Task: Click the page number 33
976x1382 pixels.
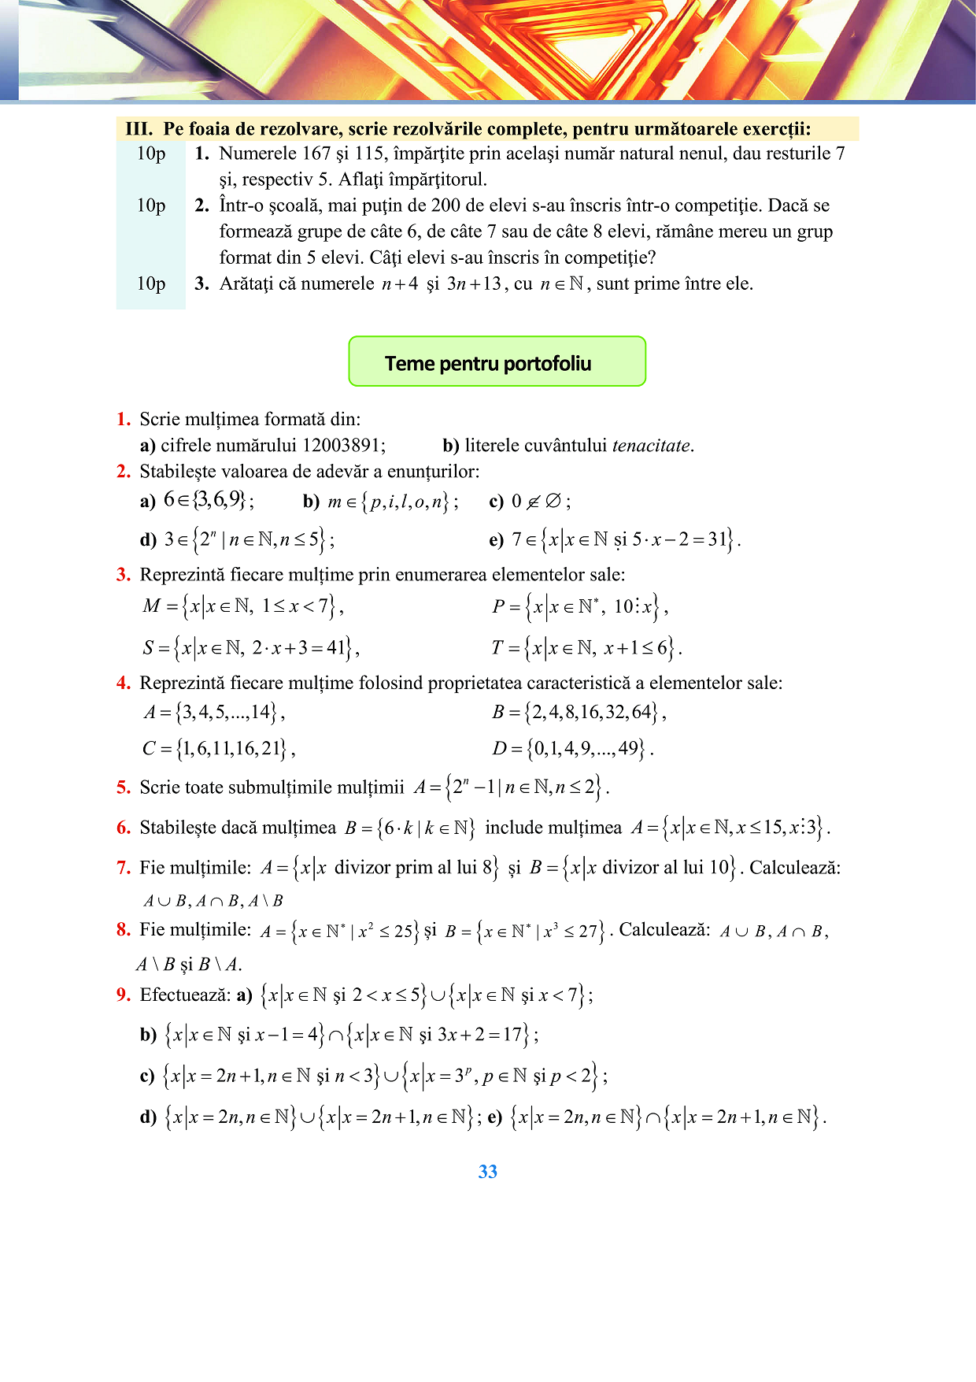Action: pos(487,1172)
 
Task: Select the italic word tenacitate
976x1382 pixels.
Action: pos(651,446)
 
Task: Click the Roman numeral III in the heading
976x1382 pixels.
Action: pos(138,129)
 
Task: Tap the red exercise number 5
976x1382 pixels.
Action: pos(124,787)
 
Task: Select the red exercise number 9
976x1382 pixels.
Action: pos(124,995)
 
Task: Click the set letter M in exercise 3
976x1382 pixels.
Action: pos(151,606)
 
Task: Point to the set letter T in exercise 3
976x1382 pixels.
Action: pos(497,648)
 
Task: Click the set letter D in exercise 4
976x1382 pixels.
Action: pos(500,748)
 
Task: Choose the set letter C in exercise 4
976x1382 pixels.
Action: pos(150,748)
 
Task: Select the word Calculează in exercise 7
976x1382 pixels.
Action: pos(794,868)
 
